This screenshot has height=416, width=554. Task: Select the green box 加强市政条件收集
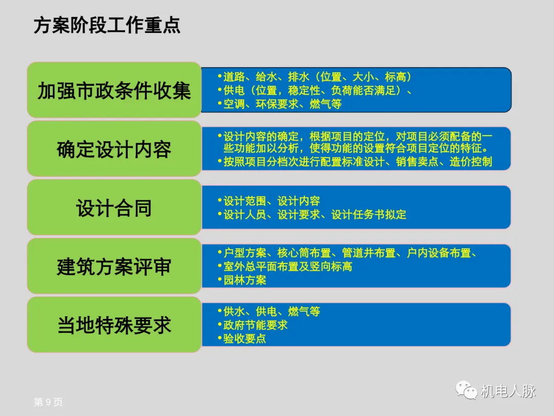114,90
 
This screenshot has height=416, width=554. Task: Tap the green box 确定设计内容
114,149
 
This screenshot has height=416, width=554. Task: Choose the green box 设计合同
114,208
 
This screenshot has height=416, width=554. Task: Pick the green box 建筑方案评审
114,267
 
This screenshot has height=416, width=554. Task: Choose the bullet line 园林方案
245,280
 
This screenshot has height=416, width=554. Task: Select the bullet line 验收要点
245,339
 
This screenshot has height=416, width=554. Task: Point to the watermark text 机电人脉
508,391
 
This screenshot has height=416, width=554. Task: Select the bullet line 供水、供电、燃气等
271,312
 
